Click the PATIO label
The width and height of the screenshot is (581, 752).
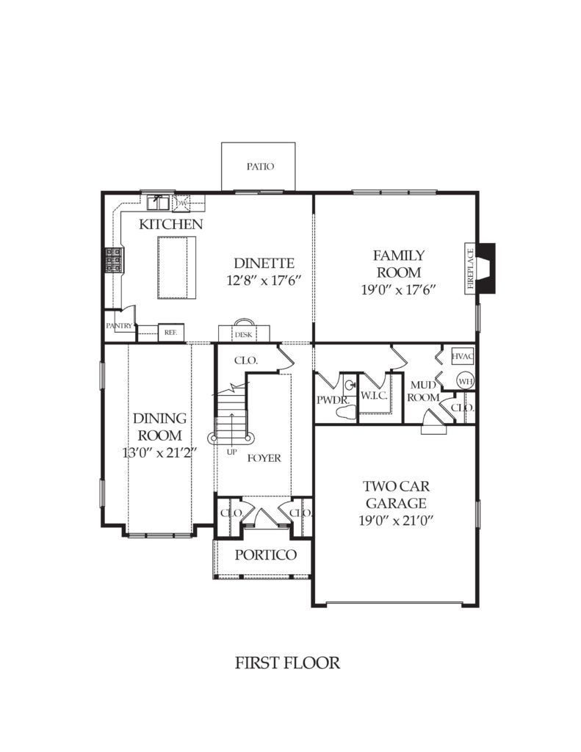pos(261,167)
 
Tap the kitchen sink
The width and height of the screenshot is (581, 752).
pos(158,203)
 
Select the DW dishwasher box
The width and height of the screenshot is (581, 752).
pos(181,203)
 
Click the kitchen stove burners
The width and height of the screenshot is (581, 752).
pos(114,261)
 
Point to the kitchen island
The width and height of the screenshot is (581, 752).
pos(176,267)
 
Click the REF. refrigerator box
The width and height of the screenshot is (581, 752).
pos(171,332)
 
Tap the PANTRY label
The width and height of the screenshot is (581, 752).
pos(119,325)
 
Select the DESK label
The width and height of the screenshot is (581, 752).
pos(244,335)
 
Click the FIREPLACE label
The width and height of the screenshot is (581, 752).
pos(470,268)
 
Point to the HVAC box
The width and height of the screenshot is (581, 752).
pos(463,356)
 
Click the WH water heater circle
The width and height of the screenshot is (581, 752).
pos(465,381)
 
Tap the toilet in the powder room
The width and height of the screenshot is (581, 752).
pos(346,412)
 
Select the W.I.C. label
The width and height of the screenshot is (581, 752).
pos(374,396)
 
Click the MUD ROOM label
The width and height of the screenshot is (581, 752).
pos(423,391)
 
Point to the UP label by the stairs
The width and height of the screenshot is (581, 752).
pos(231,452)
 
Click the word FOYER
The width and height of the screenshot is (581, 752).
pos(264,458)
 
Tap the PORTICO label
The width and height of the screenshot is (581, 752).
pos(265,555)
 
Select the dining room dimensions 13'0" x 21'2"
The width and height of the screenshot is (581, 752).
pos(160,452)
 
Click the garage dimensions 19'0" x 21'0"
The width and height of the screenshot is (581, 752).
pos(396,521)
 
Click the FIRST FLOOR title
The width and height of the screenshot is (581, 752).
pos(287,663)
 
